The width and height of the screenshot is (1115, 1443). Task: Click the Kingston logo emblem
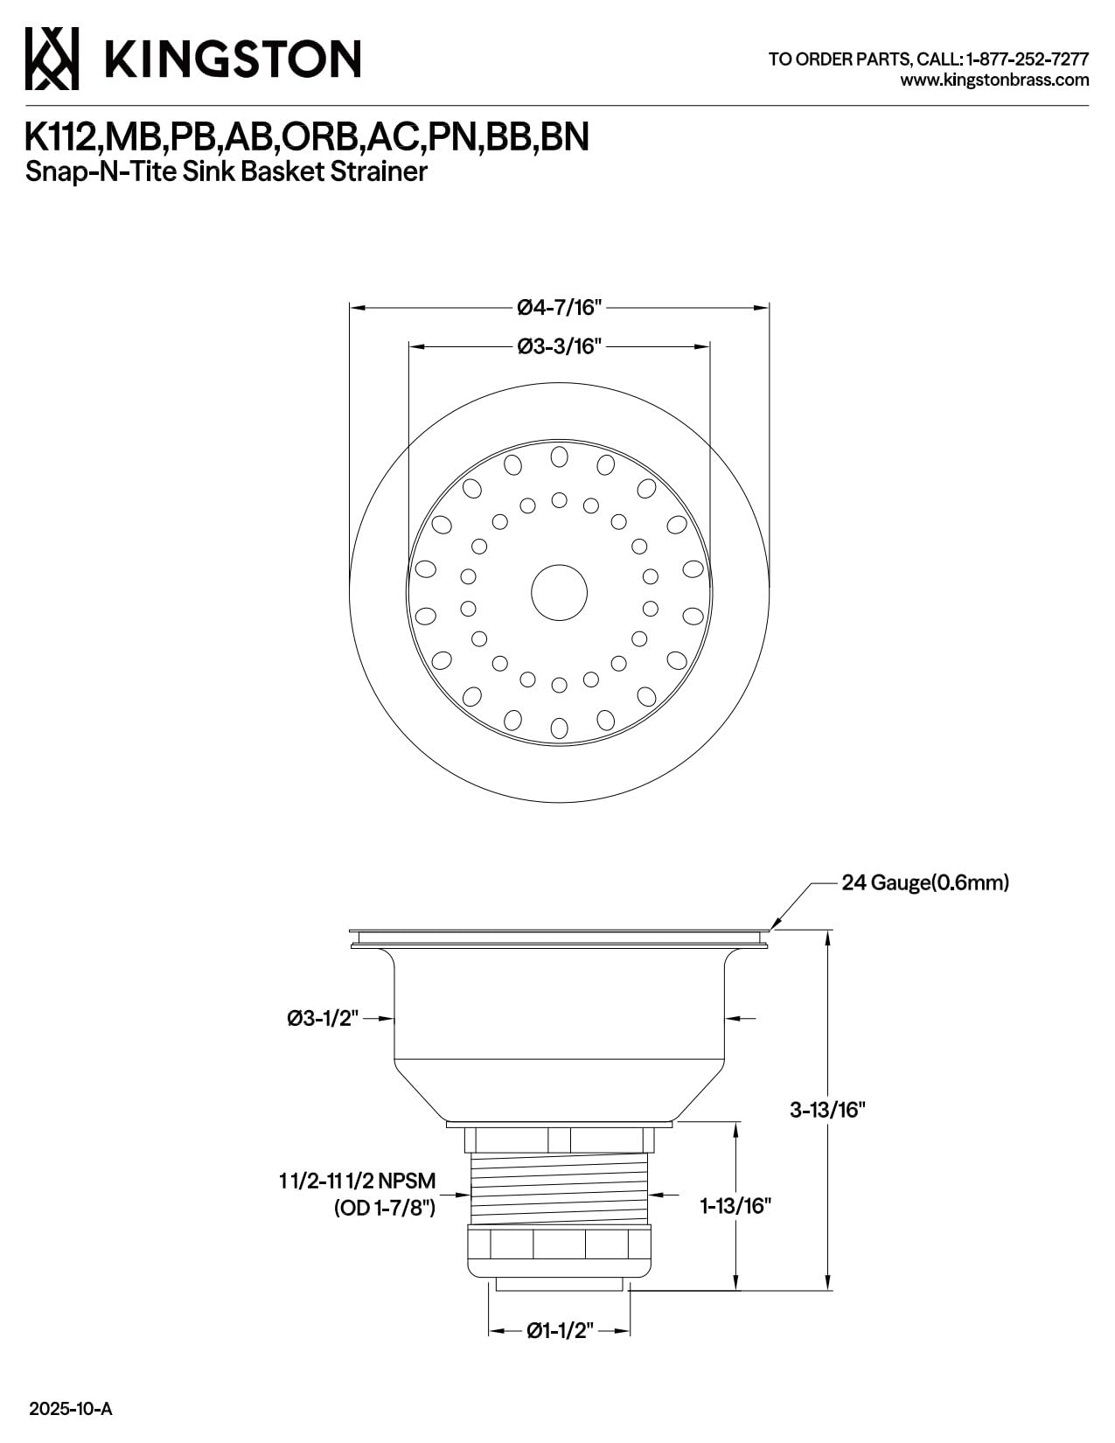(x=52, y=59)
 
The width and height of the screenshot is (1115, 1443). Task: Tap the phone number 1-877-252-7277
(x=1028, y=59)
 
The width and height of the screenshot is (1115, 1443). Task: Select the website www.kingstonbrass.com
(x=994, y=80)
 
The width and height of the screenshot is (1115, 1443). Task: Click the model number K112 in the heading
(x=60, y=137)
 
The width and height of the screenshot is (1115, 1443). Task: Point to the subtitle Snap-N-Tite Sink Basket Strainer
(x=226, y=172)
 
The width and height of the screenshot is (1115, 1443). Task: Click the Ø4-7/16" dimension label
(x=559, y=308)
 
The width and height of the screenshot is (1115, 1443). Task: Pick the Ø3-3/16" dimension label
(x=559, y=346)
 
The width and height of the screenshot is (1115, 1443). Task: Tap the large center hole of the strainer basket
(x=559, y=592)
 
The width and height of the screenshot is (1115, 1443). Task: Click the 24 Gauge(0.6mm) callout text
(x=925, y=882)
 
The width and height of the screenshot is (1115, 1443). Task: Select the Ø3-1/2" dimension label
(x=323, y=1018)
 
